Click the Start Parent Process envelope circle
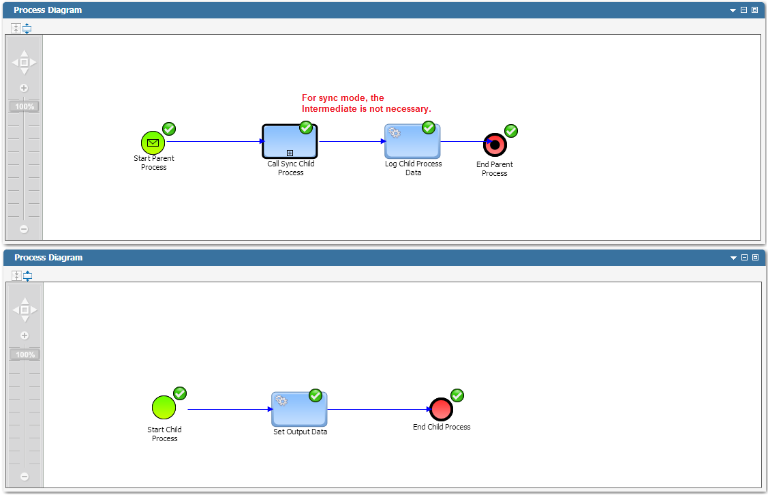(x=153, y=142)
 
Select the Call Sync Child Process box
(x=290, y=141)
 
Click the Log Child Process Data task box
(x=412, y=141)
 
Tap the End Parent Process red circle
(x=495, y=145)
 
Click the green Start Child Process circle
(x=164, y=407)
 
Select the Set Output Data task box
(x=299, y=409)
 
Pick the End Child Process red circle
(x=441, y=409)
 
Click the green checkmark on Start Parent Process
(x=169, y=129)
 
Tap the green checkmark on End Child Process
(x=457, y=395)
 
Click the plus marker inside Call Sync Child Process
(x=290, y=153)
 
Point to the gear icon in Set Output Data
(x=281, y=400)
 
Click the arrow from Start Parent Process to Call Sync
(x=215, y=142)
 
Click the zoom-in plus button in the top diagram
(x=23, y=88)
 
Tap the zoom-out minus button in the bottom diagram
(x=25, y=477)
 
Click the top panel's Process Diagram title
(x=48, y=10)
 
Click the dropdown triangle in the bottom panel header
(x=733, y=258)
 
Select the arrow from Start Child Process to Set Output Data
(x=230, y=409)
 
